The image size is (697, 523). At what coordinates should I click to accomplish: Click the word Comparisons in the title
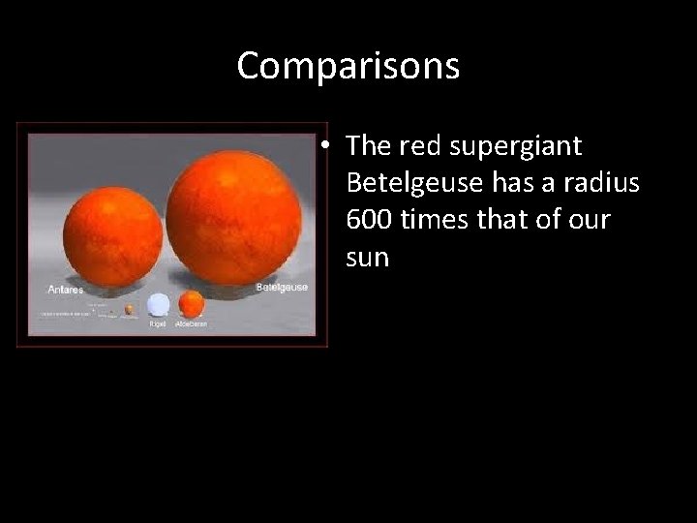click(x=348, y=66)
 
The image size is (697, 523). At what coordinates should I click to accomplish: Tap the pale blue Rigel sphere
click(x=158, y=305)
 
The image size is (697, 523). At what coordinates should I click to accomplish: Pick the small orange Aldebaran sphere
click(x=192, y=304)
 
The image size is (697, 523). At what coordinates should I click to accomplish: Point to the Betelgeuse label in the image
click(x=282, y=288)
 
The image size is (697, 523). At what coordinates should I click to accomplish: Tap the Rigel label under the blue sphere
click(x=158, y=323)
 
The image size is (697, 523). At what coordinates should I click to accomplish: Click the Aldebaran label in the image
click(x=191, y=323)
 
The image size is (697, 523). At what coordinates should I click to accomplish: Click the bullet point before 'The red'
click(x=330, y=146)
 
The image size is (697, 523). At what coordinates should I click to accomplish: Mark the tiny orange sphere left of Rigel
click(x=129, y=310)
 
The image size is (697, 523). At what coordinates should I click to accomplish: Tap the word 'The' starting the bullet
click(x=366, y=146)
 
